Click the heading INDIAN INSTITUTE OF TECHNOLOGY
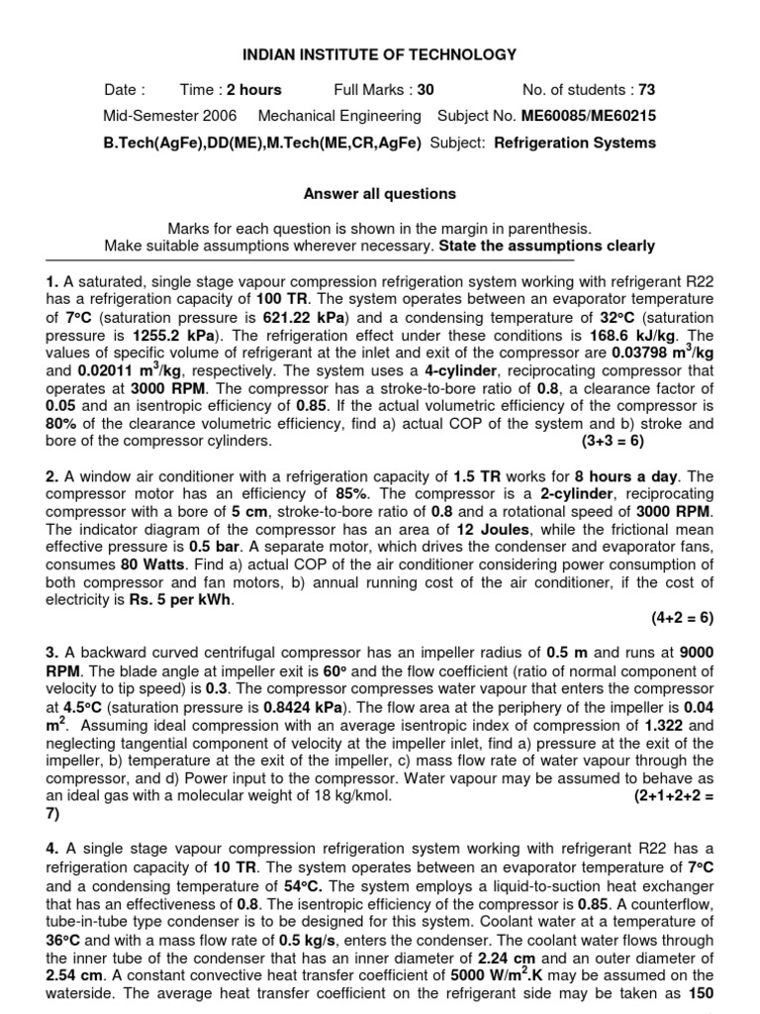pos(380,55)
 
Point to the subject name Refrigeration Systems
pos(575,143)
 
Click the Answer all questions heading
pos(380,194)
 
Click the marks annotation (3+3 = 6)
pos(625,440)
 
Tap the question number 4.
pos(51,850)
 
